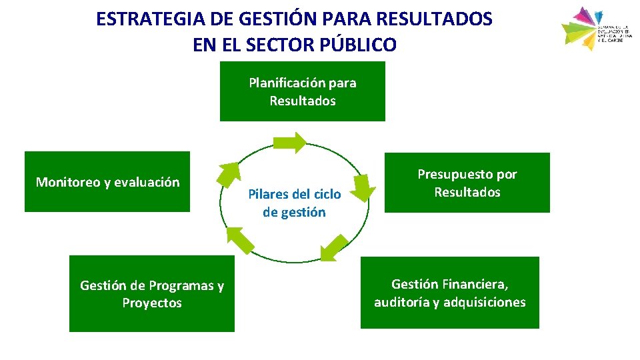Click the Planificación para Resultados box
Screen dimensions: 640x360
point(303,91)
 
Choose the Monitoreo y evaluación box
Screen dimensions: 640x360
point(107,182)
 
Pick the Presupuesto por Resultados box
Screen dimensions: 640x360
point(467,183)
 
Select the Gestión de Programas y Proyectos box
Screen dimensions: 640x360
point(152,293)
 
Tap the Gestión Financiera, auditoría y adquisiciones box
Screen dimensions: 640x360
point(450,293)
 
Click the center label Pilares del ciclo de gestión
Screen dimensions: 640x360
point(294,203)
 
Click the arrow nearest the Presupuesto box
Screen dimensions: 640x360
point(362,187)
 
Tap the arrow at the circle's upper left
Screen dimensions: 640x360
point(229,175)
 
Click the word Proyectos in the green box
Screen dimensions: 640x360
point(152,303)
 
